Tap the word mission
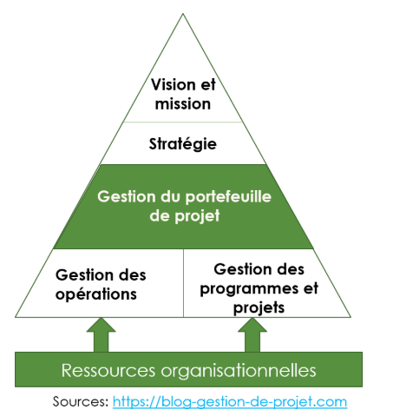183,103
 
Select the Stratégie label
183,144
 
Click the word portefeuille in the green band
228,197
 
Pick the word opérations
96,294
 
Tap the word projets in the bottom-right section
259,307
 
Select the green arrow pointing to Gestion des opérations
101,334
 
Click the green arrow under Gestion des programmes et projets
252,334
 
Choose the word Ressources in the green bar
108,370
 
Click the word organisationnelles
239,371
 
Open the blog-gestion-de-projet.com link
230,402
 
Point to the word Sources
81,402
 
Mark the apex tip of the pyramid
183,14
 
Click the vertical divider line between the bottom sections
183,283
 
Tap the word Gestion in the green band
128,197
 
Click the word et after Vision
207,85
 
